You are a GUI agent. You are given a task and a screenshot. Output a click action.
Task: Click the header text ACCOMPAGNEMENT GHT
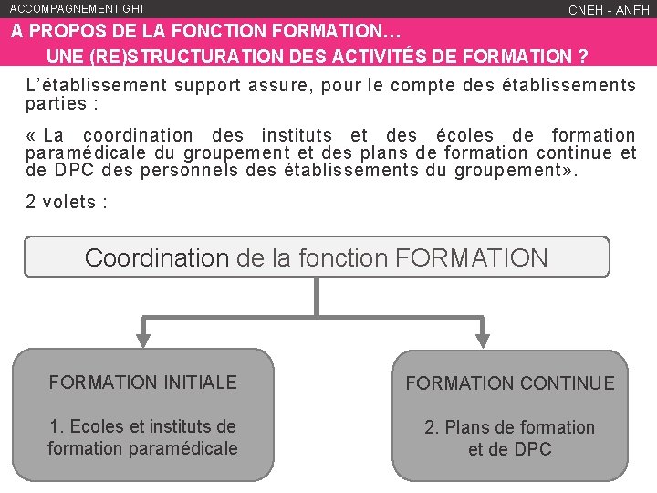pos(77,8)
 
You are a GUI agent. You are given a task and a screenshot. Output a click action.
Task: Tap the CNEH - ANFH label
pos(609,10)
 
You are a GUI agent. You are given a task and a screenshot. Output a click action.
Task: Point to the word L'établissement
pos(97,86)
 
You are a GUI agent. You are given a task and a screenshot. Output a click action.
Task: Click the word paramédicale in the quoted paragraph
pos(80,152)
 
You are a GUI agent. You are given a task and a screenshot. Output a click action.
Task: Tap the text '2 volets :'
pos(67,202)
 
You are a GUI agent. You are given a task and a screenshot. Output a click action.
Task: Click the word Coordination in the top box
pos(156,257)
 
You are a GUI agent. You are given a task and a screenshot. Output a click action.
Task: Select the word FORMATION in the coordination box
pos(472,257)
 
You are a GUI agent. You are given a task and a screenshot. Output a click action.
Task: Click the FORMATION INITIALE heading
pos(142,383)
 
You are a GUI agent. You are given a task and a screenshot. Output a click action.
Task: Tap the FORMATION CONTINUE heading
pos(510,383)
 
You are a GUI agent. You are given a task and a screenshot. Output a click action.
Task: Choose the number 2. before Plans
pos(433,427)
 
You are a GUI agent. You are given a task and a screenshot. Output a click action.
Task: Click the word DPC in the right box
pos(533,449)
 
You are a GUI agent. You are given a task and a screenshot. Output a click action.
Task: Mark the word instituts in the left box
pos(184,426)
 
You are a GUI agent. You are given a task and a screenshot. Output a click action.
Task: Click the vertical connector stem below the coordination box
pos(317,297)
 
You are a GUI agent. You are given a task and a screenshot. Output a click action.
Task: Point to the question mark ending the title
pos(581,56)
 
